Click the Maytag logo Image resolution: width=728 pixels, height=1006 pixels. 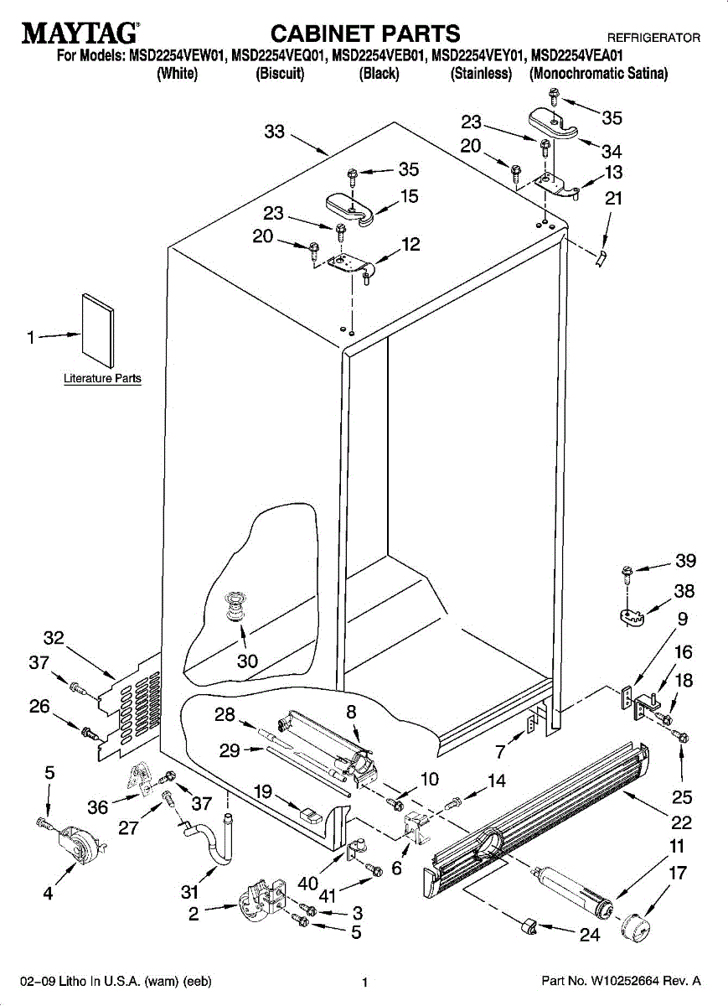coord(80,34)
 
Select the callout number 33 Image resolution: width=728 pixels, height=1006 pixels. coord(275,132)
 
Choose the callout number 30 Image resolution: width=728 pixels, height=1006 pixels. coord(247,661)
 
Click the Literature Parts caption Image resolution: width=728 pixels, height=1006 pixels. coord(102,379)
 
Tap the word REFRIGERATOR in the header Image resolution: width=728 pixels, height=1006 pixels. coord(653,39)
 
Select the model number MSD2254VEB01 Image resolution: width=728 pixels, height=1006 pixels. coord(379,57)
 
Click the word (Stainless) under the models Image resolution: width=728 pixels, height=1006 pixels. coord(481,74)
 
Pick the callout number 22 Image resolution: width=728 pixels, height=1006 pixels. coord(682,823)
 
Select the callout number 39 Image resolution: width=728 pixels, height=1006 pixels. coord(686,561)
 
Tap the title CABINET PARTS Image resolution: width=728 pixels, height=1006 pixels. coord(365,34)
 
